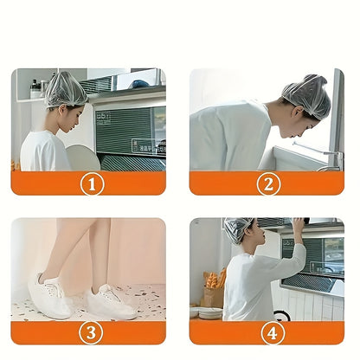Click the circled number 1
click(x=93, y=183)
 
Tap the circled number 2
click(x=267, y=183)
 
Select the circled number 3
click(x=93, y=331)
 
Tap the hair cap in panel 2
click(x=308, y=95)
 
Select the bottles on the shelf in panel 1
click(x=35, y=87)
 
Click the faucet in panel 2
click(x=329, y=155)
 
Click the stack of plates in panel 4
click(x=209, y=312)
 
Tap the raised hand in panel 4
click(x=298, y=227)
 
